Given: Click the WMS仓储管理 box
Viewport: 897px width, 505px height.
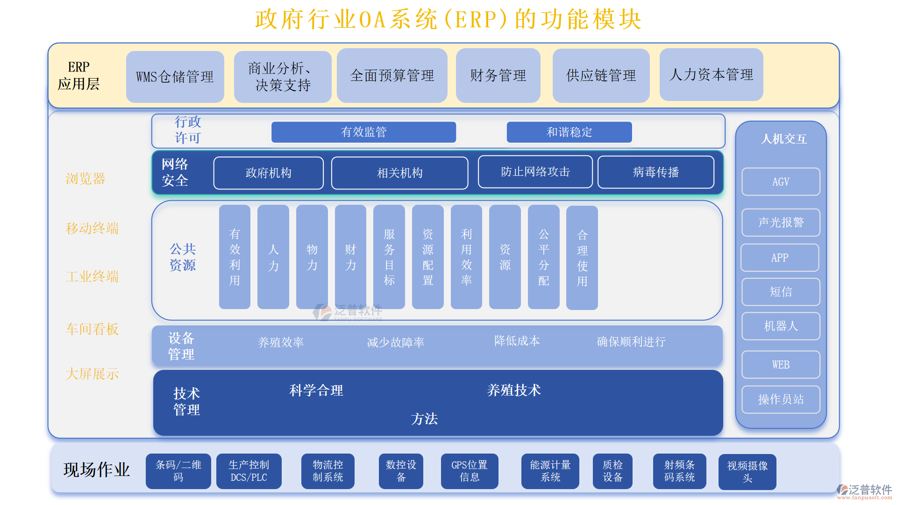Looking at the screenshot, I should pyautogui.click(x=175, y=77).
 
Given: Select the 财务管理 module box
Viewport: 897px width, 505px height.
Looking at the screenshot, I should pyautogui.click(x=498, y=76).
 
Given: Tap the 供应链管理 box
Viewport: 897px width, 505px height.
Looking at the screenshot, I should pyautogui.click(x=601, y=76).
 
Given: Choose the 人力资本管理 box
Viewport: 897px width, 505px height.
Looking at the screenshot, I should pyautogui.click(x=711, y=75).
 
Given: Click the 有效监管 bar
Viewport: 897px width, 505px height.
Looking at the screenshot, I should pyautogui.click(x=363, y=132).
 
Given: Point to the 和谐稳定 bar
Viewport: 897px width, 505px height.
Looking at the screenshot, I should pyautogui.click(x=569, y=132).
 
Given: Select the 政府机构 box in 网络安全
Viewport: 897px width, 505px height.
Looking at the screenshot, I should pyautogui.click(x=268, y=173).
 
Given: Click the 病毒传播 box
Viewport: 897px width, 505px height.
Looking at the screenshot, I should pyautogui.click(x=655, y=173).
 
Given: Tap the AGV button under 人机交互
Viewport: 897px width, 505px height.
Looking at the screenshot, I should pyautogui.click(x=781, y=182).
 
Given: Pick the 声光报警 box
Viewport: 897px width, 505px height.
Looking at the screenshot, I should pyautogui.click(x=781, y=223).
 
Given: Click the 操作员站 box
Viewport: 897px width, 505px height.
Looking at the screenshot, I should pyautogui.click(x=781, y=399).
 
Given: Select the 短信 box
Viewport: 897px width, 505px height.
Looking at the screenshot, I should pyautogui.click(x=781, y=292).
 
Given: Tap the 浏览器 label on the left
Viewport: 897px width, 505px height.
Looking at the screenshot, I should pyautogui.click(x=85, y=179).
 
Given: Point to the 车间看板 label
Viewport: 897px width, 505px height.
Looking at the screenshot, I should pyautogui.click(x=92, y=329).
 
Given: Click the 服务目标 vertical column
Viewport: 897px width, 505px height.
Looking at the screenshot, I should pyautogui.click(x=389, y=257).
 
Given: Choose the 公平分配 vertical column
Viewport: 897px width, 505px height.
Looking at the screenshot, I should pyautogui.click(x=543, y=257).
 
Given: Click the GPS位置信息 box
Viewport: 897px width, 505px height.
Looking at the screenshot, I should pyautogui.click(x=469, y=471).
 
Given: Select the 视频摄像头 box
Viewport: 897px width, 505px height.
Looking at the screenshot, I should pyautogui.click(x=747, y=472).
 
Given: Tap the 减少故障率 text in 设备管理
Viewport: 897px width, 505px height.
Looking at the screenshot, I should pyautogui.click(x=395, y=343).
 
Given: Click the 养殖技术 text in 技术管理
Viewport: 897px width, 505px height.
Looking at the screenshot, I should pyautogui.click(x=513, y=390).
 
